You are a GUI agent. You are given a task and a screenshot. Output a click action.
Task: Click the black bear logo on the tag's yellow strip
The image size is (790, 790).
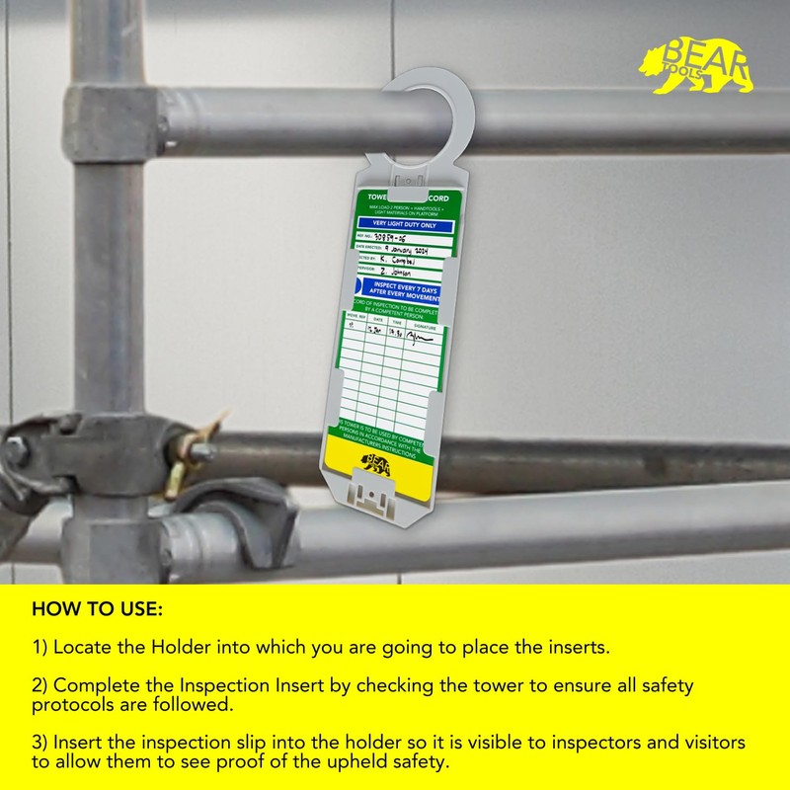click(378, 464)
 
